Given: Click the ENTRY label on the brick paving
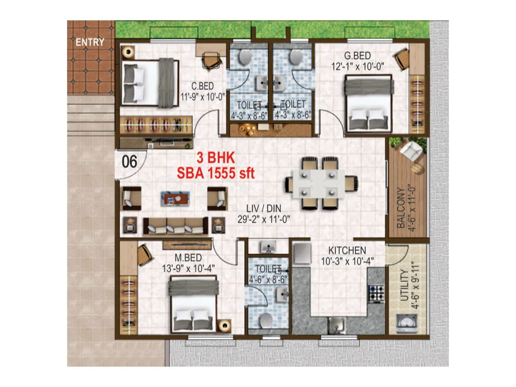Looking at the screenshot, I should click(90, 42).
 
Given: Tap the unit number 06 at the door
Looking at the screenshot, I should click(129, 162).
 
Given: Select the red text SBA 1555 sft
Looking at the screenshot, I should click(216, 174).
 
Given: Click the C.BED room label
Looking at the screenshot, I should click(203, 86).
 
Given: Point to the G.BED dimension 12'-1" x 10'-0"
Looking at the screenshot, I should click(358, 66).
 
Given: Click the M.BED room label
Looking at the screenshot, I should click(188, 258).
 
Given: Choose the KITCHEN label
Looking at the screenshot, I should click(347, 250).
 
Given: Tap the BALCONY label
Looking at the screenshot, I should click(401, 208).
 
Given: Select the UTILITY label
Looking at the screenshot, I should click(404, 285).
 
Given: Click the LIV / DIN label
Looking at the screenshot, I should click(264, 208).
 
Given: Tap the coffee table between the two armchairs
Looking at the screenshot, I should click(175, 198).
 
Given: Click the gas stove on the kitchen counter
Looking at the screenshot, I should click(376, 293).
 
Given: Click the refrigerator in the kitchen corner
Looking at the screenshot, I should click(302, 253).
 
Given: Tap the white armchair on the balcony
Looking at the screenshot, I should click(411, 150).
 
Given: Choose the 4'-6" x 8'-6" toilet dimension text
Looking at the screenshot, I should click(268, 279).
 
